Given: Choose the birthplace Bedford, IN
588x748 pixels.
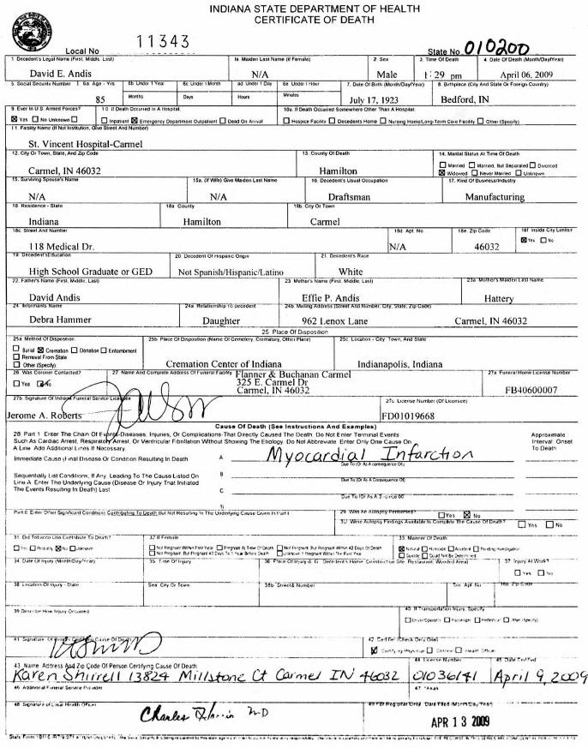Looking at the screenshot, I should (465, 99).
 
